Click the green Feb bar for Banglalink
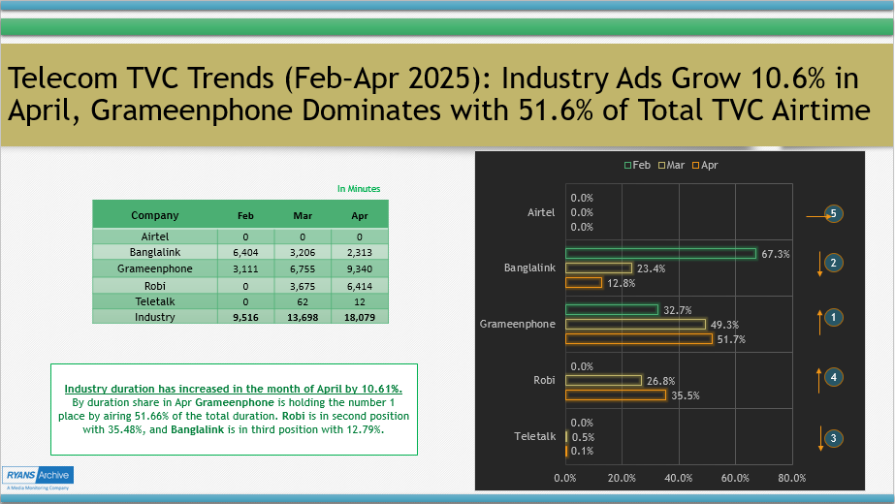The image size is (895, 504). [x=659, y=254]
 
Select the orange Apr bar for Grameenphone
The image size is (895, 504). [x=638, y=339]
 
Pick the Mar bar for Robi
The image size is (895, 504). [x=602, y=381]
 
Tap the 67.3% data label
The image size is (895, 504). [x=776, y=254]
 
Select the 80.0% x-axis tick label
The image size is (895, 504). [x=791, y=477]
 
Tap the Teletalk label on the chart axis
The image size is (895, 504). [x=534, y=437]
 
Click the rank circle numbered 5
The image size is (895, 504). [x=833, y=214]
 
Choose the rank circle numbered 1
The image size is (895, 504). [x=833, y=316]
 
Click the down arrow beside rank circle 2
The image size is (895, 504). [x=819, y=264]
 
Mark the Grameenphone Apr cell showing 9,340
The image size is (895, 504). [x=360, y=268]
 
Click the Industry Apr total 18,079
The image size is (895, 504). [x=360, y=317]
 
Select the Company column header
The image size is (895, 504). [x=155, y=215]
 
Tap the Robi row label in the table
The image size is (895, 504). [x=155, y=285]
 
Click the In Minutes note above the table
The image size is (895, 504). [x=359, y=189]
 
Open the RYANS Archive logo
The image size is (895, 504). [x=37, y=478]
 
